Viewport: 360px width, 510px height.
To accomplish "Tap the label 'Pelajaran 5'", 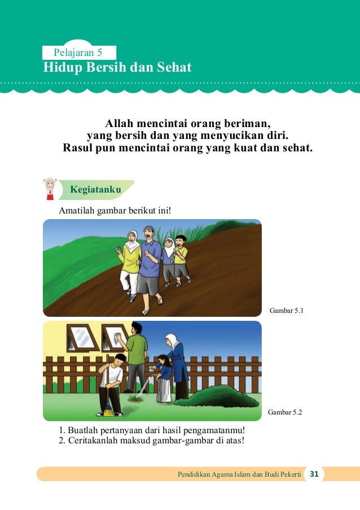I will [77, 53].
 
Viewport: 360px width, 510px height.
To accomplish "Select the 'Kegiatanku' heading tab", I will [95, 190].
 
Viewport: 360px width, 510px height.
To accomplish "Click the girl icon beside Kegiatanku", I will [50, 189].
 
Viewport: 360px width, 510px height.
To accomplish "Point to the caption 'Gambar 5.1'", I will [287, 310].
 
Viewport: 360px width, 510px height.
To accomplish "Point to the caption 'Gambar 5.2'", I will [286, 412].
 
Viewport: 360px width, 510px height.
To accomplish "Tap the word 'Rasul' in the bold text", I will [81, 149].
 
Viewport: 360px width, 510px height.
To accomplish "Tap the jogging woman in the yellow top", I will [130, 263].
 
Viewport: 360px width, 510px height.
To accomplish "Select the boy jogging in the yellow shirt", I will [180, 259].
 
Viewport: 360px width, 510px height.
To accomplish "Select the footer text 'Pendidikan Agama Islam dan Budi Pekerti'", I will [239, 474].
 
